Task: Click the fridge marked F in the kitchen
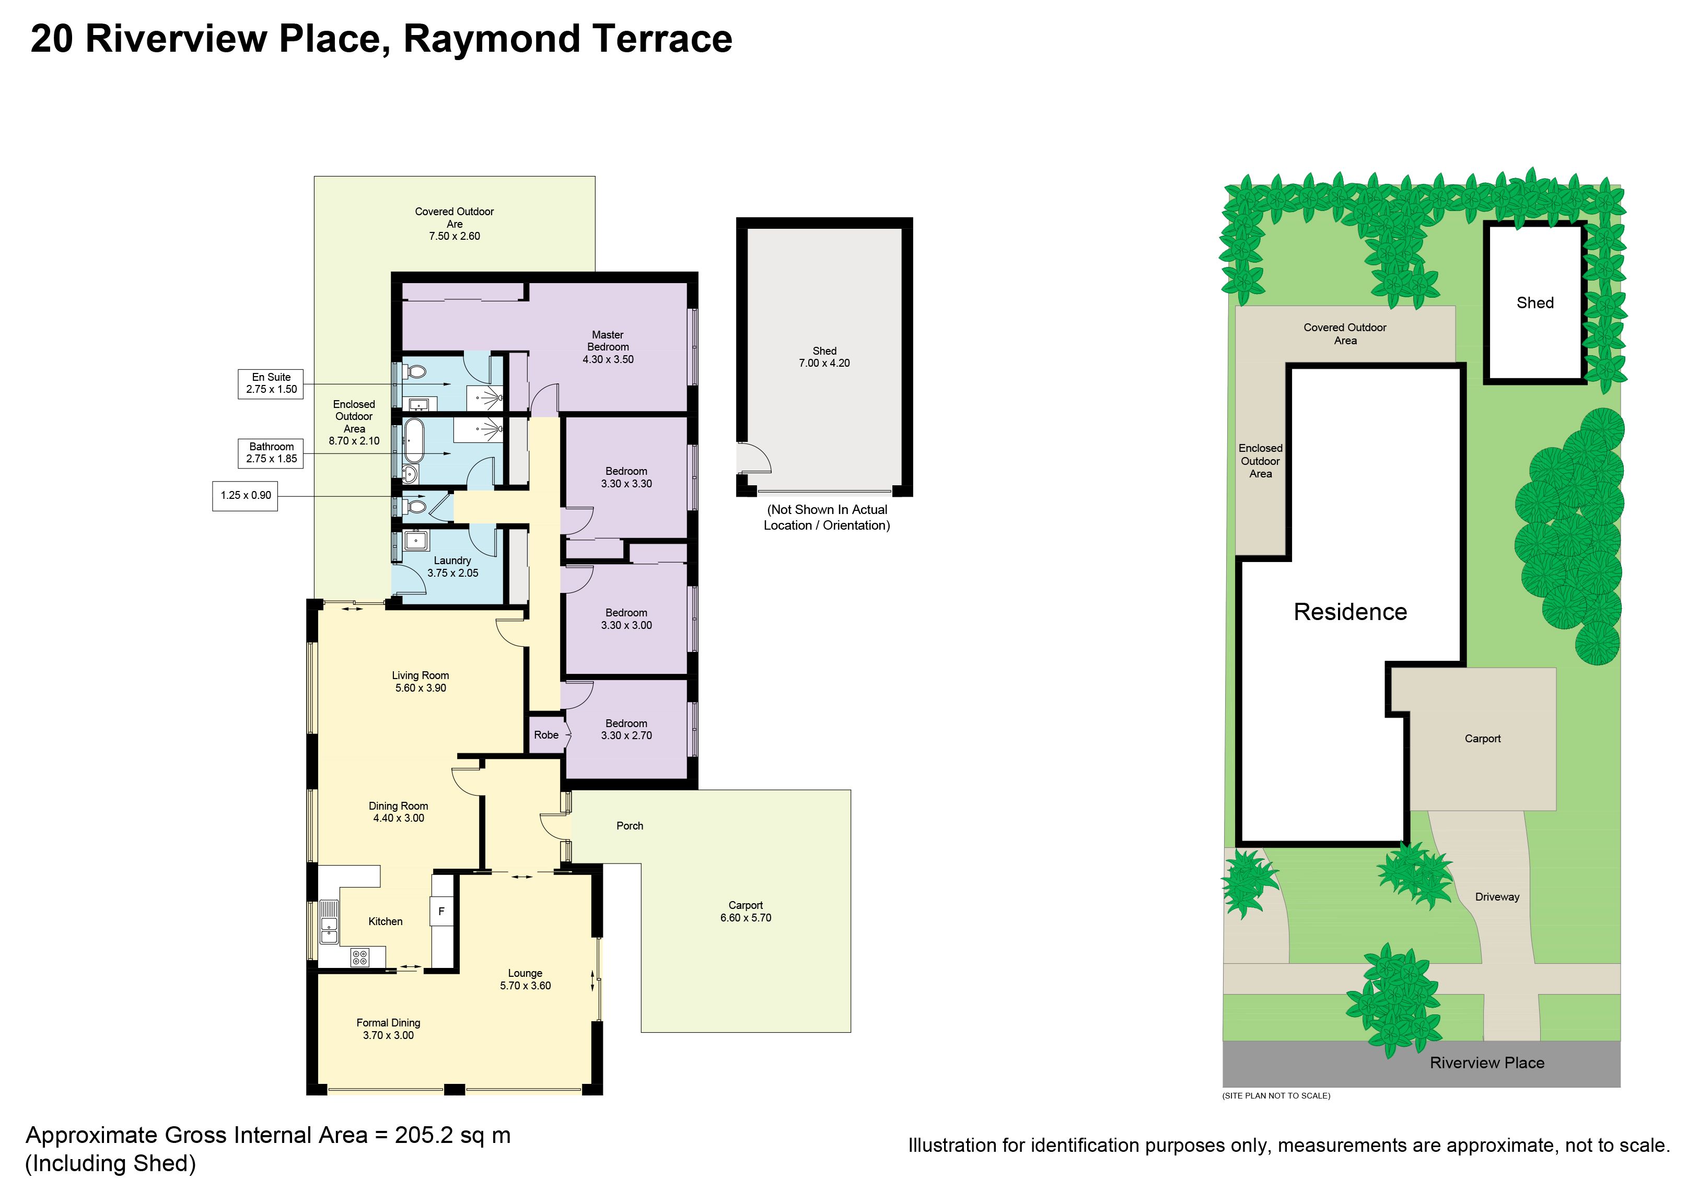coord(441,911)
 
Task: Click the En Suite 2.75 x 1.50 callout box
coord(271,384)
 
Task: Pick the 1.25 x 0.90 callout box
coord(245,496)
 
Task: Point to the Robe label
coord(546,735)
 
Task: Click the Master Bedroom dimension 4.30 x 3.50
coord(608,359)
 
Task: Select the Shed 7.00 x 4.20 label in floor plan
coord(824,357)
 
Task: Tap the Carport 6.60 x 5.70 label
coord(746,911)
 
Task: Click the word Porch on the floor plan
coord(630,826)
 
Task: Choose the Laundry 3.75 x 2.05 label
coord(453,567)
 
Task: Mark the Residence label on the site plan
coord(1350,612)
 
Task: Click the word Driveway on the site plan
coord(1497,897)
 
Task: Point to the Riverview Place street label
coord(1487,1063)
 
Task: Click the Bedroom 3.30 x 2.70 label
coord(626,730)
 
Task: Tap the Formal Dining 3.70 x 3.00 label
coord(388,1029)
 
